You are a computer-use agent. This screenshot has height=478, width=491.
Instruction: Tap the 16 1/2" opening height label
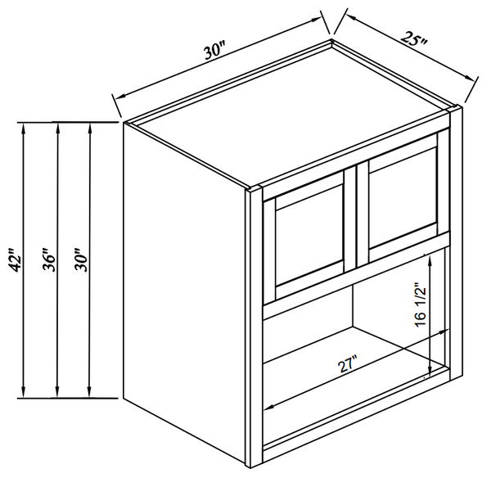click(x=420, y=304)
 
